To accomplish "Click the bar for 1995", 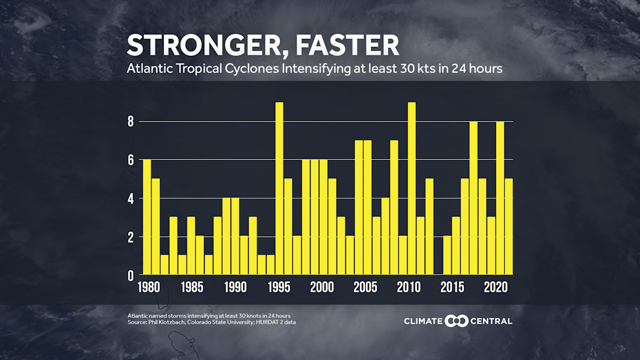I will (x=279, y=189).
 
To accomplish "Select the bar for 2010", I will (x=411, y=189).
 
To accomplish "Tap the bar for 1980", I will (x=147, y=218).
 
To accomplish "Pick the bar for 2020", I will (x=500, y=198).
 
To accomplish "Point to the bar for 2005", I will (x=367, y=208).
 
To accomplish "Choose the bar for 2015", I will (x=455, y=246).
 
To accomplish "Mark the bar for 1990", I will (x=235, y=237).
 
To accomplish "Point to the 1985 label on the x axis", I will (x=191, y=287).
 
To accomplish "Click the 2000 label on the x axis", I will (x=323, y=287).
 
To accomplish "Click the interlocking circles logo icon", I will (x=458, y=321).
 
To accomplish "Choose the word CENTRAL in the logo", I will (x=492, y=321).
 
